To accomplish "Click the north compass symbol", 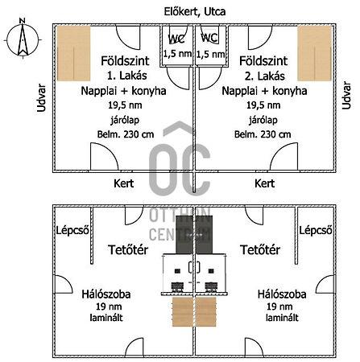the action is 23,38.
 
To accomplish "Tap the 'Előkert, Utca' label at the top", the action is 195,12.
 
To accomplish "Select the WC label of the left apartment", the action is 176,39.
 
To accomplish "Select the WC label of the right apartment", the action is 209,38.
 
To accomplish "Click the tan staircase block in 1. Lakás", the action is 73,53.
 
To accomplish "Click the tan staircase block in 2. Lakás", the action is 315,53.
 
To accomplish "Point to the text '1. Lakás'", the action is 127,76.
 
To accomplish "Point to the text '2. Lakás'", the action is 264,76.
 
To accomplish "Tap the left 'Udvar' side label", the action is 42,98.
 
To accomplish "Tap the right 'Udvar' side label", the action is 346,96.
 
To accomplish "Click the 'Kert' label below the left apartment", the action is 123,183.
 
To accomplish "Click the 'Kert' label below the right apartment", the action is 264,183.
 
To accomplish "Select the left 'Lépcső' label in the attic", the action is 72,230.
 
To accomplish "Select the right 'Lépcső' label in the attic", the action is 316,230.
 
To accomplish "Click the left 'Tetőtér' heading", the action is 128,249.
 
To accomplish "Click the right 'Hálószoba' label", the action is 282,294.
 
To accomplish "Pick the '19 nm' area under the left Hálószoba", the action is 109,306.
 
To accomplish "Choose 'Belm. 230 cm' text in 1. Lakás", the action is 126,134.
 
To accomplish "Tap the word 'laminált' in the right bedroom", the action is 282,318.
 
